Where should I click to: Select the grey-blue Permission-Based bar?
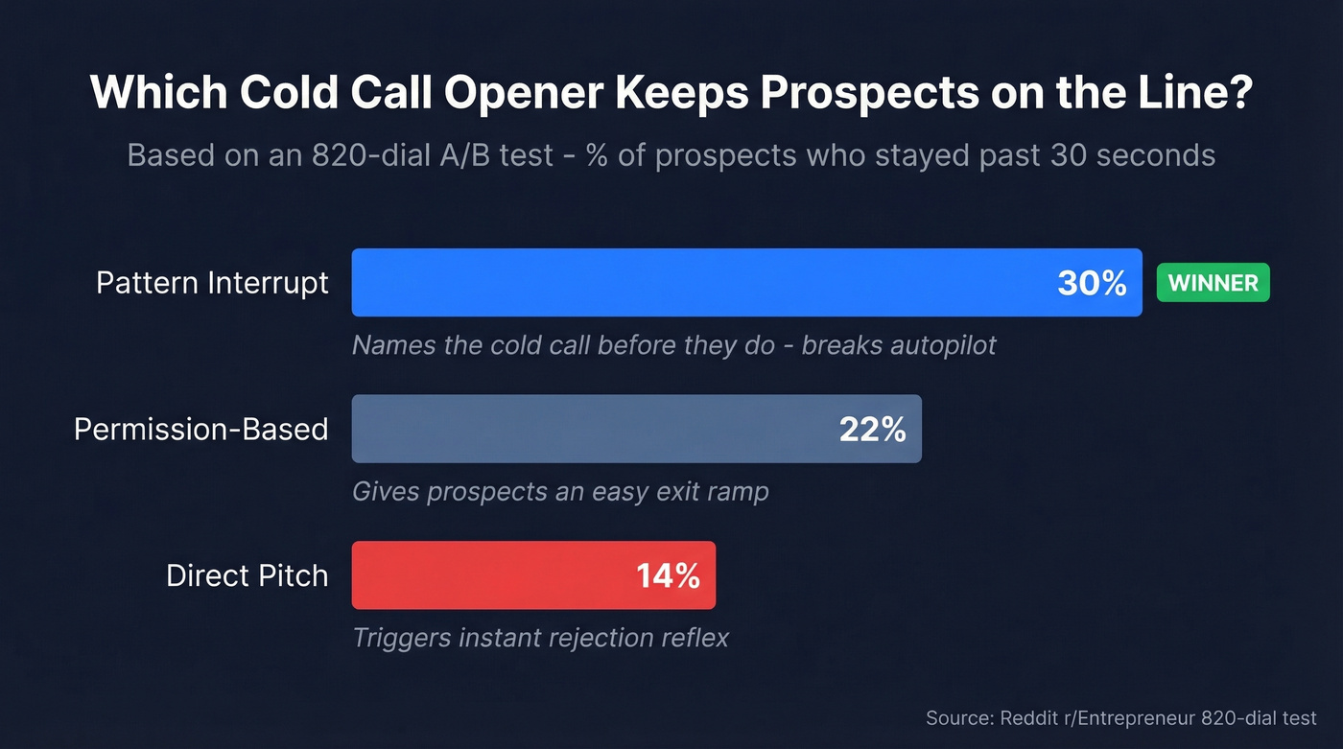click(595, 429)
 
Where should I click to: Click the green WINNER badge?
click(1213, 283)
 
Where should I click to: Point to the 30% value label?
click(1092, 283)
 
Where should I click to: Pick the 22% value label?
click(872, 430)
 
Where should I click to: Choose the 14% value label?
click(668, 575)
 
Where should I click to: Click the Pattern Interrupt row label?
click(212, 283)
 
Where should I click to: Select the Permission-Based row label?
click(200, 429)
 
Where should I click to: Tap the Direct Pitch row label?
click(247, 575)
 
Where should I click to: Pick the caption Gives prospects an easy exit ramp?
click(560, 492)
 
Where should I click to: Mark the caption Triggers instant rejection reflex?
click(540, 638)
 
